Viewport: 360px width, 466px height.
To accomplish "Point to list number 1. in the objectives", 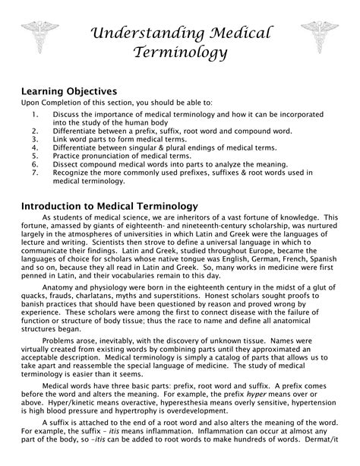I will [x=35, y=114].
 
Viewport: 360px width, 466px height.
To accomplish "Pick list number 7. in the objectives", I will [x=35, y=172].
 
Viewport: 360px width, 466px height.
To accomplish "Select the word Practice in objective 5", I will [x=66, y=155].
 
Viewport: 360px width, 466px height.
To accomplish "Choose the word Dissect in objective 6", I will [x=66, y=163].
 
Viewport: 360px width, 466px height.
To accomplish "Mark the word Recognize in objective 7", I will [x=71, y=172].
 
